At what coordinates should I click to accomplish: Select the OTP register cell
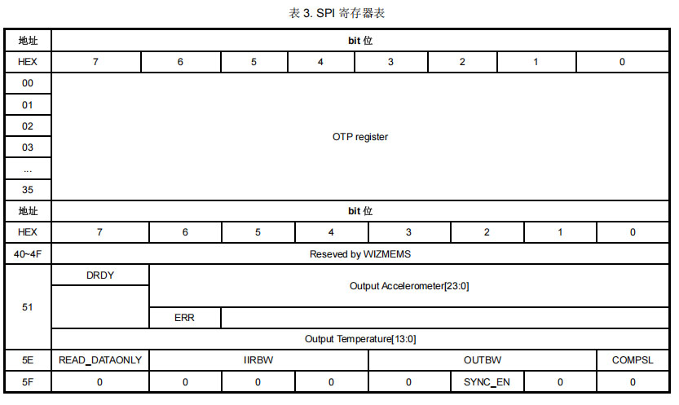359,137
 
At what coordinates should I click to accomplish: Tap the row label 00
28,83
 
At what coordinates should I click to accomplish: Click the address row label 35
28,190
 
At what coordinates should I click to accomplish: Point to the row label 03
28,147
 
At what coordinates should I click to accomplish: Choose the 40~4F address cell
28,254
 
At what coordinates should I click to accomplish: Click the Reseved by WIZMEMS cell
359,254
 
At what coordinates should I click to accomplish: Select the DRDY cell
100,275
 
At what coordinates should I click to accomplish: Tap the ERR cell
184,318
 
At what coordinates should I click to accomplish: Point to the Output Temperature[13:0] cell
359,339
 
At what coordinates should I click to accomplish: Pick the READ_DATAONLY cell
100,360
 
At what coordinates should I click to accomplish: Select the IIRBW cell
258,360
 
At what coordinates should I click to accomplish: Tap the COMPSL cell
633,360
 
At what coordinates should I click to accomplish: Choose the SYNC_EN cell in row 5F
487,381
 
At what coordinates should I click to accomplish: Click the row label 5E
28,360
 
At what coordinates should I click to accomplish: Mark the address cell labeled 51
28,307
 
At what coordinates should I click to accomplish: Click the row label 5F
28,381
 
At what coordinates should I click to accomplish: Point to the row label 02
28,126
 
